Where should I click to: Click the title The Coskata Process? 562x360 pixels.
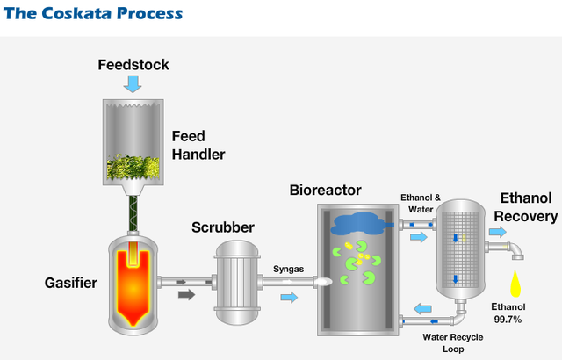(x=92, y=14)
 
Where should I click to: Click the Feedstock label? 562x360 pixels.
(x=133, y=65)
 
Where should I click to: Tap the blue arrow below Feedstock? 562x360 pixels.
(x=133, y=84)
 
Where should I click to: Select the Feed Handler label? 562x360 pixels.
(x=198, y=146)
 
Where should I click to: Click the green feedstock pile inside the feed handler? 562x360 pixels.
(x=133, y=167)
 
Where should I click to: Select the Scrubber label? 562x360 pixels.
(x=223, y=228)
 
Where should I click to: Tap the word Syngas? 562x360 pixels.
(x=287, y=270)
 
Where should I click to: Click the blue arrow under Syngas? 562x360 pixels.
(x=288, y=299)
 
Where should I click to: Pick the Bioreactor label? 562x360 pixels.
(x=325, y=191)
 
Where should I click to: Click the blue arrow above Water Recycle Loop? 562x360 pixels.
(x=422, y=308)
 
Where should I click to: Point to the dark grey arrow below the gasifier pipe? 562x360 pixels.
(x=186, y=295)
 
